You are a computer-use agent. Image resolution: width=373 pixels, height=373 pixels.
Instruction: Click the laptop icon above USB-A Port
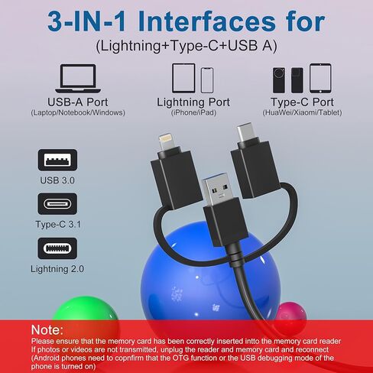click(77, 79)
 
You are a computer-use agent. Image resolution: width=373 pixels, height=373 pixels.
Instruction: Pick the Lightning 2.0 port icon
click(58, 248)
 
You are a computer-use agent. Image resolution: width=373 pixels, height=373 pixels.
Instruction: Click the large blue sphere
click(191, 283)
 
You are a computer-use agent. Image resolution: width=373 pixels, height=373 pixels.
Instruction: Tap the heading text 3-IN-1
click(106, 21)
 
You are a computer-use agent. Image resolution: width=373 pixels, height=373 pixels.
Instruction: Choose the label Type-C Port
click(301, 102)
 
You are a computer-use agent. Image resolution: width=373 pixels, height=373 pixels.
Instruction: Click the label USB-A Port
click(77, 102)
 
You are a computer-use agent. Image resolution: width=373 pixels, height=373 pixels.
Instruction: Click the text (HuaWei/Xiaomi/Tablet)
click(301, 113)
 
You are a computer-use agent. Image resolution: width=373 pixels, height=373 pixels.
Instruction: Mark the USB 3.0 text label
click(58, 181)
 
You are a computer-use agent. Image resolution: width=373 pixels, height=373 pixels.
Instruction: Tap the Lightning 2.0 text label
click(57, 268)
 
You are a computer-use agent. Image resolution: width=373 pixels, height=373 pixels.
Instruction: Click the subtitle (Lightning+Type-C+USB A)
click(186, 45)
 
